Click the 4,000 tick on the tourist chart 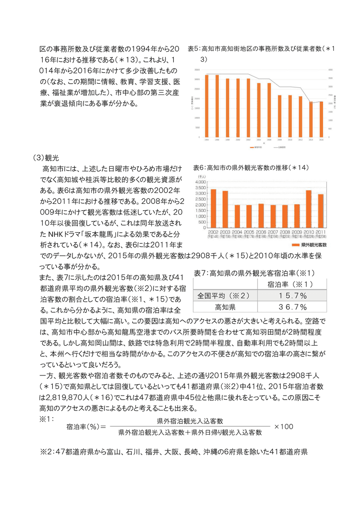click(200, 182)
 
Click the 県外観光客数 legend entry click(310, 245)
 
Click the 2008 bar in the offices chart click(279, 116)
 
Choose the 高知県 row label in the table click(224, 307)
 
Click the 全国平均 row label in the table click(224, 296)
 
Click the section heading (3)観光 click(46, 158)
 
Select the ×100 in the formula click(283, 426)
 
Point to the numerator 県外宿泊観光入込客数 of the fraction click(190, 421)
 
